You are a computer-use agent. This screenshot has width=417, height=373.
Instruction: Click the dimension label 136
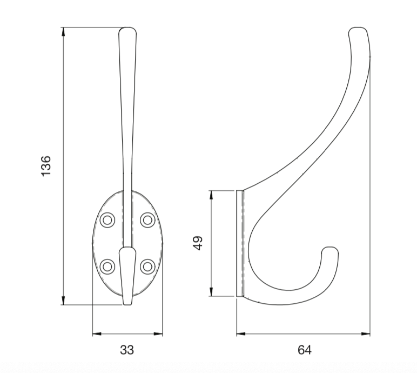click(46, 166)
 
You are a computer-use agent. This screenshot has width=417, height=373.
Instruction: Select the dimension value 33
click(126, 350)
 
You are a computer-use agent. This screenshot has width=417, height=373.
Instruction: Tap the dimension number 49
click(197, 243)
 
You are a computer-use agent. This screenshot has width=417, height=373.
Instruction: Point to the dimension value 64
click(305, 350)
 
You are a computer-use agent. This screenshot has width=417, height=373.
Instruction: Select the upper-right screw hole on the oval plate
click(147, 219)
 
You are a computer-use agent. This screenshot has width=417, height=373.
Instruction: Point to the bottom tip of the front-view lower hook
click(127, 303)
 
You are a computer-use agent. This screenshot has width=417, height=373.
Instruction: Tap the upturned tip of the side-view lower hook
click(330, 251)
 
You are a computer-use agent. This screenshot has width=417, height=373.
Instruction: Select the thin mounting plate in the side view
click(239, 243)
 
